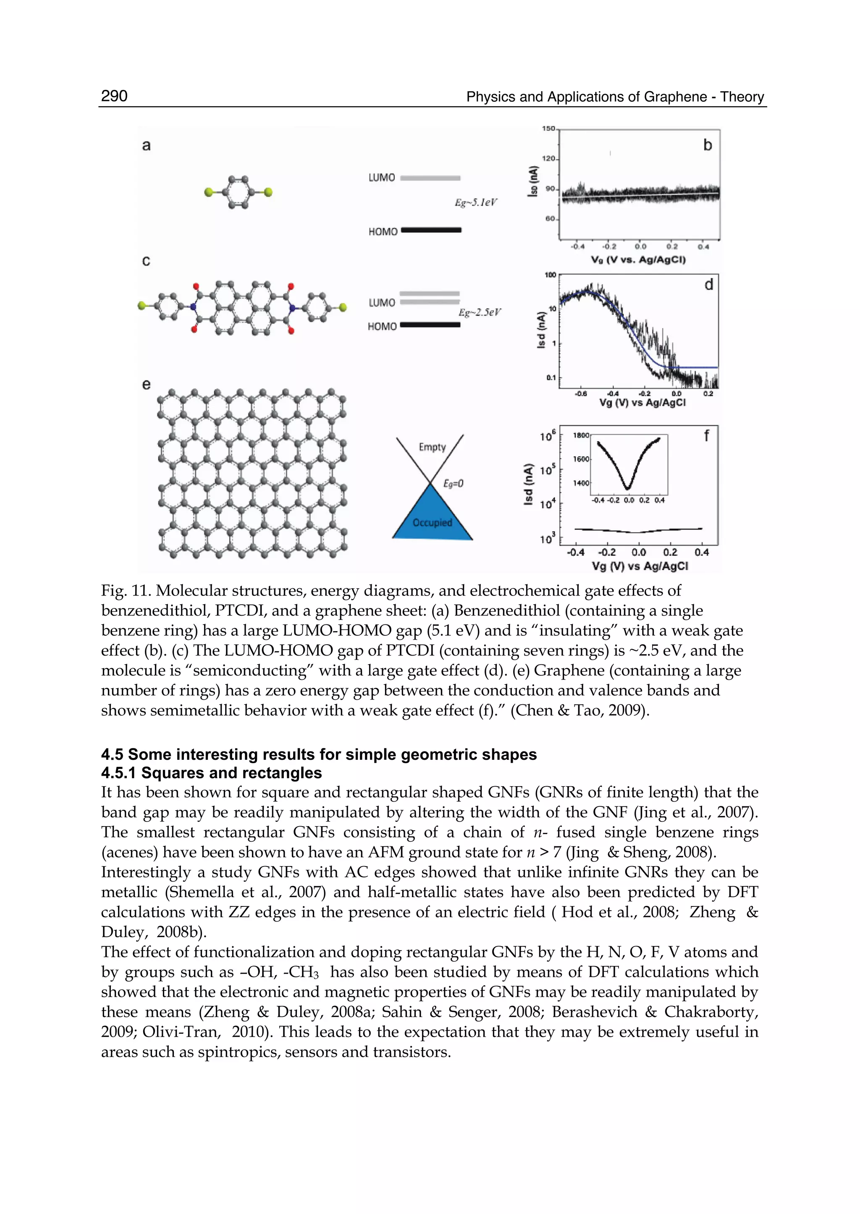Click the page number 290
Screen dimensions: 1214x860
[x=114, y=96]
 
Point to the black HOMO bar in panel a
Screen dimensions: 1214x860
[x=431, y=230]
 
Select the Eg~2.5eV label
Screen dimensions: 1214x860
[x=479, y=313]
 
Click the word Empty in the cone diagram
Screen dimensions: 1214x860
[x=432, y=447]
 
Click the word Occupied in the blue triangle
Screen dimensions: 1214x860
[x=432, y=522]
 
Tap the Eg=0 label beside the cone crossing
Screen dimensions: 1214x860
[x=453, y=483]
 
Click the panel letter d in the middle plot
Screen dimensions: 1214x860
[x=708, y=285]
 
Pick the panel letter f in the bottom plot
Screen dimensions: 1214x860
[x=706, y=436]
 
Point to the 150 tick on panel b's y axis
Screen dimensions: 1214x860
[x=548, y=129]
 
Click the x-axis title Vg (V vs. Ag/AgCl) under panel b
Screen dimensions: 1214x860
[x=638, y=260]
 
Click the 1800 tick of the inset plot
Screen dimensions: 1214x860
[x=581, y=435]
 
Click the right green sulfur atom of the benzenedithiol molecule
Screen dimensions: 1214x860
[x=268, y=192]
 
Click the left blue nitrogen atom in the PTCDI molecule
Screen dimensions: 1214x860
[x=193, y=306]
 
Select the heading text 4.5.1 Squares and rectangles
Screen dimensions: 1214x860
[x=211, y=773]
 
